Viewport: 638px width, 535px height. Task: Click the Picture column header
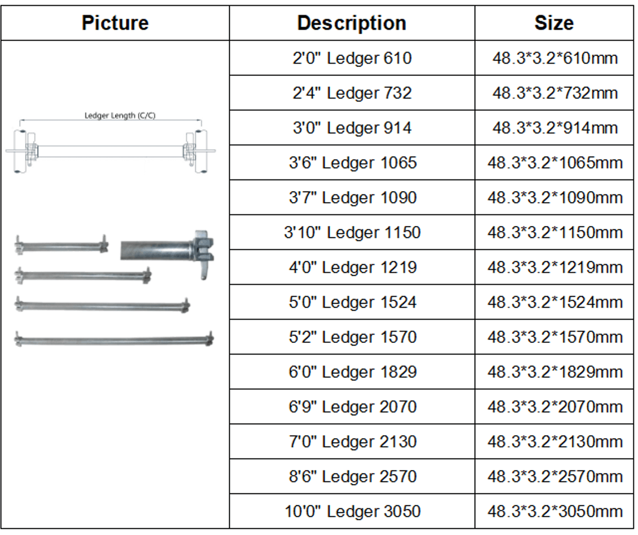[x=115, y=23]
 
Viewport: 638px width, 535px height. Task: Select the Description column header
[x=352, y=23]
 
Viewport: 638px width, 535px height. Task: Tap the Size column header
[x=554, y=23]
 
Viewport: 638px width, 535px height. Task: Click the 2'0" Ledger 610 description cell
[x=352, y=58]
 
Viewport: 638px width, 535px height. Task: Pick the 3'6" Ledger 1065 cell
[x=353, y=163]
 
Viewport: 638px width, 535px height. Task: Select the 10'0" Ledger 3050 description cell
[x=352, y=511]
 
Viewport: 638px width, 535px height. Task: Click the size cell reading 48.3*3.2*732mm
[x=555, y=92]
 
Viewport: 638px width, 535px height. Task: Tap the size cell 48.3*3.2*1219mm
[x=555, y=267]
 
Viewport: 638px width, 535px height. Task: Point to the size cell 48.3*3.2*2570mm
[x=555, y=476]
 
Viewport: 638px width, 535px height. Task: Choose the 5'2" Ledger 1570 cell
[x=353, y=337]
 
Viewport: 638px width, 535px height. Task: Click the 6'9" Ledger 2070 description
[x=353, y=407]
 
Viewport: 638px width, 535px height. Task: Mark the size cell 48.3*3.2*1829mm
[x=555, y=372]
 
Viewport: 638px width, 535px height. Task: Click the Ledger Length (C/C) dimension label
[x=120, y=116]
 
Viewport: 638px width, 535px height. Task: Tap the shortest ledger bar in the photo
[x=61, y=245]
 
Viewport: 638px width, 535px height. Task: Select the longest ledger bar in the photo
[x=114, y=339]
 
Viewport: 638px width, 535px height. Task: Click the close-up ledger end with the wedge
[x=167, y=255]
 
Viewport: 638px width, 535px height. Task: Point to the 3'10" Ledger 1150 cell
[x=352, y=232]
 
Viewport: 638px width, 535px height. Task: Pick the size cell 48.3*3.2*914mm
[x=555, y=128]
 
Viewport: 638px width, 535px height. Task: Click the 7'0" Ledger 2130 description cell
[x=353, y=442]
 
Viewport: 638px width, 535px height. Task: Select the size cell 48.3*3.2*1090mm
[x=555, y=198]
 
